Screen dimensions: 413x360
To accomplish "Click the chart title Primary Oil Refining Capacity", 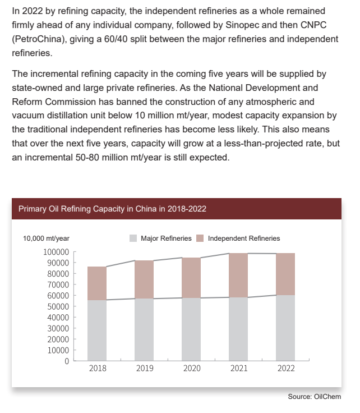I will coord(112,209).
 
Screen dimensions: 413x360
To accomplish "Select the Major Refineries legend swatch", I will coord(133,238).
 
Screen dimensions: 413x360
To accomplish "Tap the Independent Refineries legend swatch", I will coord(200,238).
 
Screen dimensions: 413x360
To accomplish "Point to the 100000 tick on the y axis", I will coord(56,252).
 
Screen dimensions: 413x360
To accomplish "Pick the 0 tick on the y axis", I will coord(66,361).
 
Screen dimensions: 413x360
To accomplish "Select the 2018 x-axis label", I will coord(98,369).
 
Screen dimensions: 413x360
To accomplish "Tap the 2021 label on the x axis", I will coord(238,369).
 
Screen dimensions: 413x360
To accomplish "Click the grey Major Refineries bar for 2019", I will coord(145,329).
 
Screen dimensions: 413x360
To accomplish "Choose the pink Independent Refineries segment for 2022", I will coord(285,274).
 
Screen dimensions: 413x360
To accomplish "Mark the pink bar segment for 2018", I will coord(98,283).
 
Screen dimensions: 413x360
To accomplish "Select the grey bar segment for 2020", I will coord(192,329).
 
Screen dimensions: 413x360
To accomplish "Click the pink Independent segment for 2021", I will coord(238,275).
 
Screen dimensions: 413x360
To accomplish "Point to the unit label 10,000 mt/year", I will coord(46,238).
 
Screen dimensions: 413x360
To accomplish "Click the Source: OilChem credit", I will coord(314,397).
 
